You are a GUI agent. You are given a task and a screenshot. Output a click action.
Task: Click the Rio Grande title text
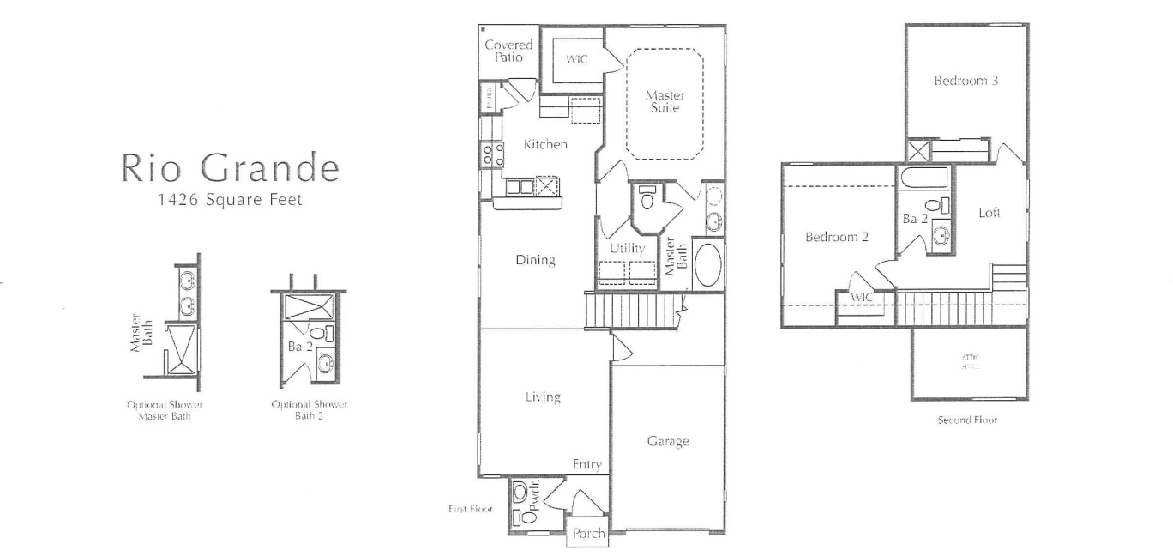click(230, 168)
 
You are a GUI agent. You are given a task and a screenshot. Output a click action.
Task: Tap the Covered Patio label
click(508, 51)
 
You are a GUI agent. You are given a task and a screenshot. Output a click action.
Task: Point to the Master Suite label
click(664, 102)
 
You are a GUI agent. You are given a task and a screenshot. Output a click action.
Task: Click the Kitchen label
click(545, 145)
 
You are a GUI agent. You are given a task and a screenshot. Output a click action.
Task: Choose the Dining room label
click(535, 260)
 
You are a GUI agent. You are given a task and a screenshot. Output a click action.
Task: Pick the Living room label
click(543, 396)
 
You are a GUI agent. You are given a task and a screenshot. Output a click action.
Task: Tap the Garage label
click(668, 442)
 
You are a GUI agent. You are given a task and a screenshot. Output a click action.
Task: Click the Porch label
click(589, 533)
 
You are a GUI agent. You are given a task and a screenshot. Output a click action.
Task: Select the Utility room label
click(627, 249)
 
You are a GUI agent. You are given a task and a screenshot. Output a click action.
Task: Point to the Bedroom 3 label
click(966, 82)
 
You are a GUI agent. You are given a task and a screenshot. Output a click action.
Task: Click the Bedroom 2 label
click(837, 238)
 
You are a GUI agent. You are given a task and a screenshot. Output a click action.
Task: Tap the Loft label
click(990, 213)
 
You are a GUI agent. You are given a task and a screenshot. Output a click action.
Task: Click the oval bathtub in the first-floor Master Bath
click(708, 266)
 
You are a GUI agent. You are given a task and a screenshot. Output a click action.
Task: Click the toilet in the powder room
click(520, 493)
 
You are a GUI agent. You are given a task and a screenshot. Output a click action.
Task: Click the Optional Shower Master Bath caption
click(165, 410)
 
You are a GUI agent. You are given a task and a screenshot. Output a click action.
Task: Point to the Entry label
click(587, 465)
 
